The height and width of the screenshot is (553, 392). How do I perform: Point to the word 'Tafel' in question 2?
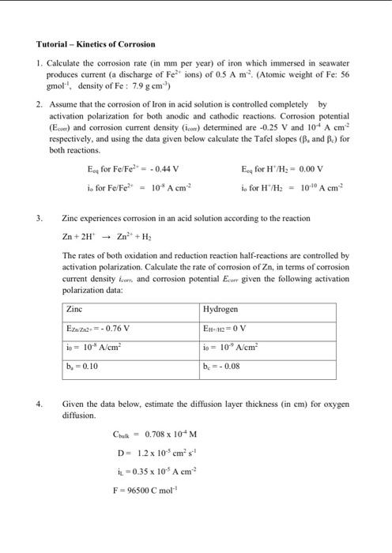click(254, 138)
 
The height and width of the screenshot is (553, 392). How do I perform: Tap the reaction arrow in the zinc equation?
click(104, 236)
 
